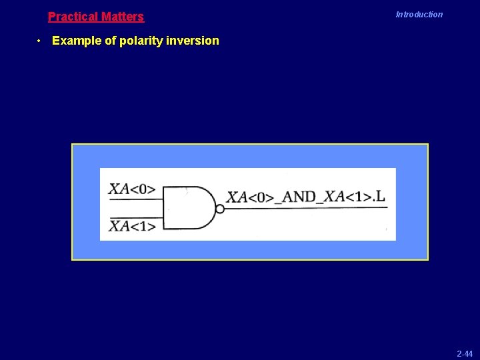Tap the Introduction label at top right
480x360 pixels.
(419, 15)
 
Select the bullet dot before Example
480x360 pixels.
(40, 41)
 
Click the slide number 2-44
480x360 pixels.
(465, 353)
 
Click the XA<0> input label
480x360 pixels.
(131, 189)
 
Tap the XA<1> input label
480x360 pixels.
(131, 226)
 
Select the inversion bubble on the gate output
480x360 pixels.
(219, 209)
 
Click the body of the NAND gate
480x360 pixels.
(188, 208)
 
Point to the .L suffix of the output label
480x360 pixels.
(378, 196)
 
